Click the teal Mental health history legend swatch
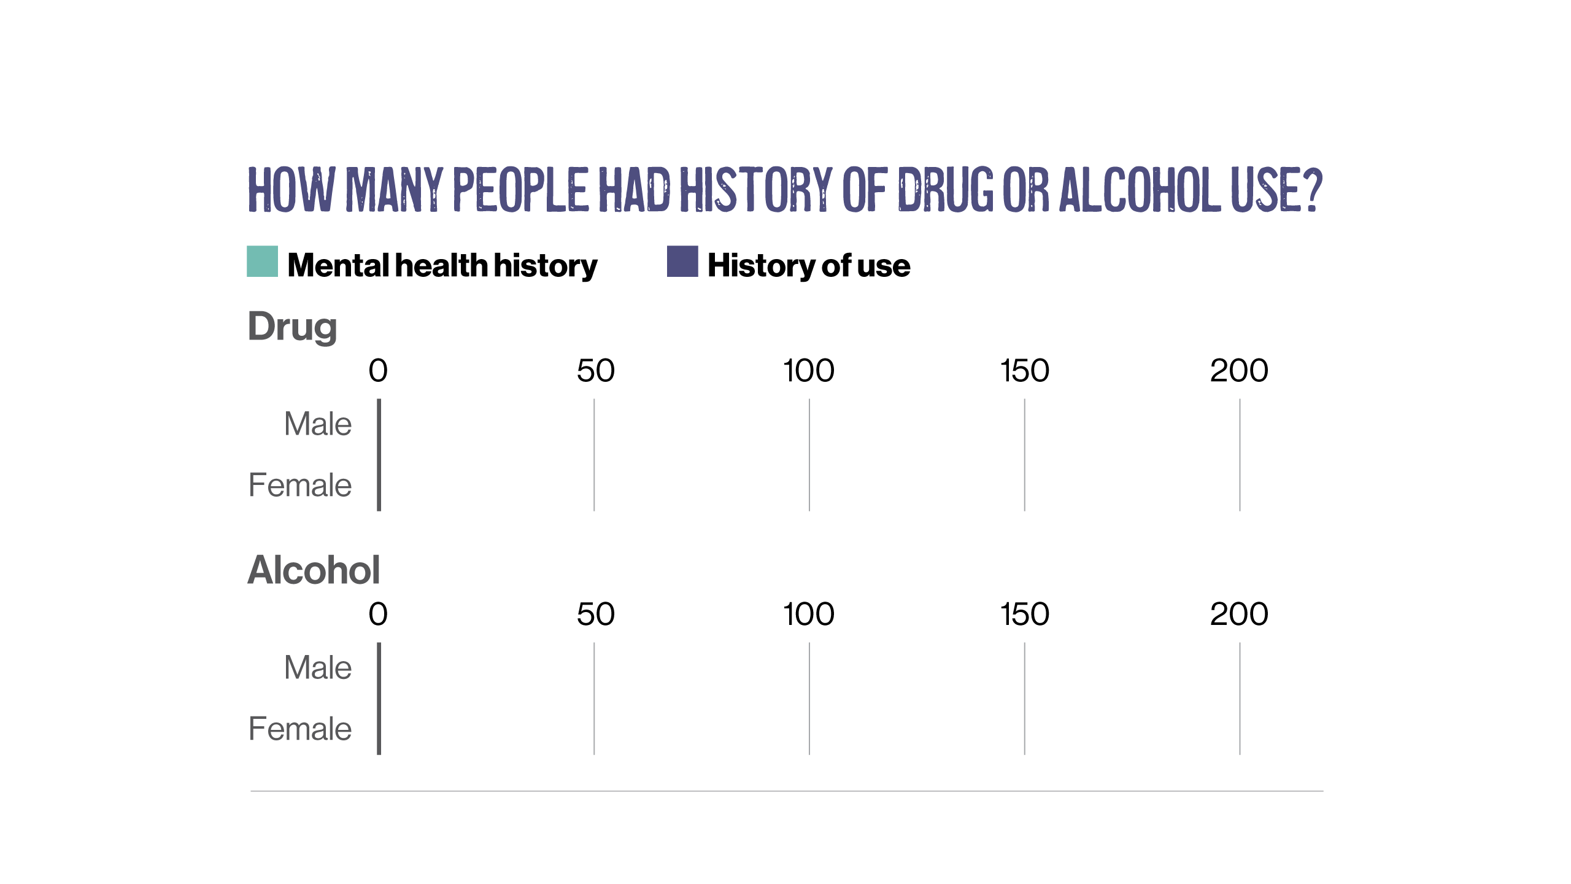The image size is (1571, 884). coord(262,262)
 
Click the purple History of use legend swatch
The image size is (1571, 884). coord(682,262)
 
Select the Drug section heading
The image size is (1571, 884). coord(292,326)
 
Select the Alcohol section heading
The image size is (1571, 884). coord(314,570)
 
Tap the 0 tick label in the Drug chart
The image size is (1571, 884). coord(378,371)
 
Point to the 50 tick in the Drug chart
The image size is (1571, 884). coord(595,371)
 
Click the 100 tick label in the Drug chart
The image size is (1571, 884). coord(809,371)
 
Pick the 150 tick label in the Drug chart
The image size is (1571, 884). coord(1025,371)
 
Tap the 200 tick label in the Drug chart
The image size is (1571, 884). coord(1239,371)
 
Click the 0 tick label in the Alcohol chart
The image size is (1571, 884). coord(378,615)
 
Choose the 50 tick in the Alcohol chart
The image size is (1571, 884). coord(595,615)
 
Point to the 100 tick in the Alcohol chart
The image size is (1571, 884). coord(809,615)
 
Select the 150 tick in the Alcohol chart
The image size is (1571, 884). coord(1025,615)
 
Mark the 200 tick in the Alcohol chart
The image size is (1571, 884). coord(1239,615)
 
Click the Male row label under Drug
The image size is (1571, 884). coord(318,424)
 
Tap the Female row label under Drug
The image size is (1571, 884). coord(300,485)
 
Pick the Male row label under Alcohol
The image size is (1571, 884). coord(318,668)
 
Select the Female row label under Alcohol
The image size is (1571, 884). coord(300,729)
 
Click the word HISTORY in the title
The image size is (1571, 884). coord(755,190)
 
